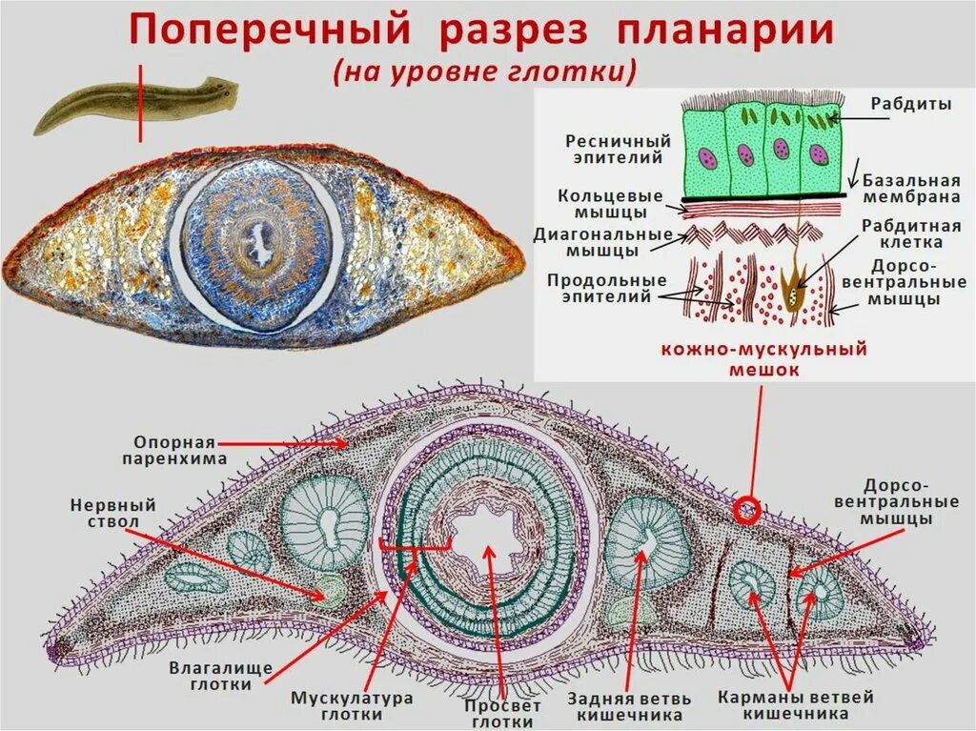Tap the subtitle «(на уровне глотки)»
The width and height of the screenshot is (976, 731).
point(483,72)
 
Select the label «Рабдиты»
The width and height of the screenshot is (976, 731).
point(910,104)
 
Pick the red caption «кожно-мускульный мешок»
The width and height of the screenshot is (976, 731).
point(764,358)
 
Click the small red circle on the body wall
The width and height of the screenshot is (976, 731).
point(746,509)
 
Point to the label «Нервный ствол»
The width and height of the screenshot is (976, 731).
point(112,514)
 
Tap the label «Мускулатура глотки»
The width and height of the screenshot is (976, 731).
point(353,705)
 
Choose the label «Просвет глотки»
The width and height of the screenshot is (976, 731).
point(502,714)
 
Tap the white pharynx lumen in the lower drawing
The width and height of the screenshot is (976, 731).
point(482,538)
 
